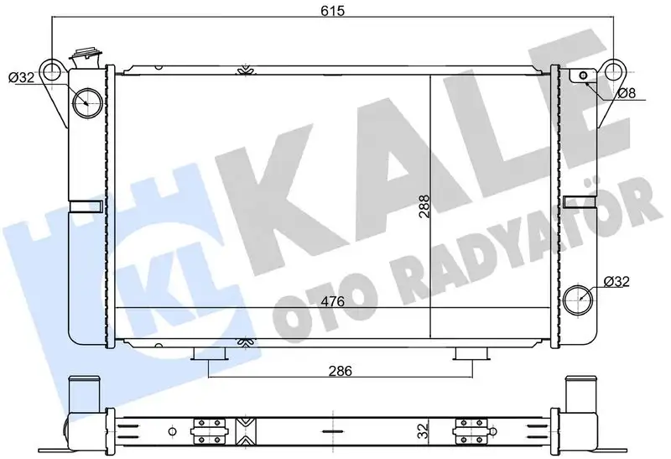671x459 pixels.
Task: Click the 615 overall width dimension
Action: click(334, 11)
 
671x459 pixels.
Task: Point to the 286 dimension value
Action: click(340, 370)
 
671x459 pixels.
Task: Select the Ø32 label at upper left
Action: click(20, 78)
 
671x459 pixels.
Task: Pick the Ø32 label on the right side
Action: click(617, 281)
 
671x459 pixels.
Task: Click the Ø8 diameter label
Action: click(627, 94)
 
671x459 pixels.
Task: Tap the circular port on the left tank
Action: click(86, 104)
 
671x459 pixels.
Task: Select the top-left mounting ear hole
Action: click(53, 68)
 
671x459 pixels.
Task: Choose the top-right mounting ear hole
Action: click(615, 68)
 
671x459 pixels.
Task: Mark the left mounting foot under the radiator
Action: click(211, 356)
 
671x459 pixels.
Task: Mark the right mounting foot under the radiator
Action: click(469, 356)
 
